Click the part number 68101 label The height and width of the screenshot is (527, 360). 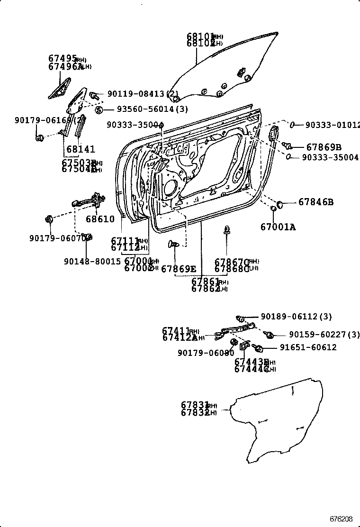pos(199,36)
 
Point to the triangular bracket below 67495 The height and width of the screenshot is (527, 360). pos(58,90)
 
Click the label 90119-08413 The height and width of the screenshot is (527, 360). pos(137,94)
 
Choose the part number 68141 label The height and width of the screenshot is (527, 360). pos(80,149)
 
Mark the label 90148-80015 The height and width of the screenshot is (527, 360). pos(92,261)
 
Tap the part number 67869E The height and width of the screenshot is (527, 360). pos(178,269)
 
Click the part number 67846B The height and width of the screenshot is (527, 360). pos(316,202)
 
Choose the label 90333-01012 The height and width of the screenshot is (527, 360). pos(331,125)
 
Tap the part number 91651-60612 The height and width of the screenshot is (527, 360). pos(308,347)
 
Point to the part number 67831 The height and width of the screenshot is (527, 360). pos(194,405)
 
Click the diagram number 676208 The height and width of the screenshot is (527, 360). pos(342,519)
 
